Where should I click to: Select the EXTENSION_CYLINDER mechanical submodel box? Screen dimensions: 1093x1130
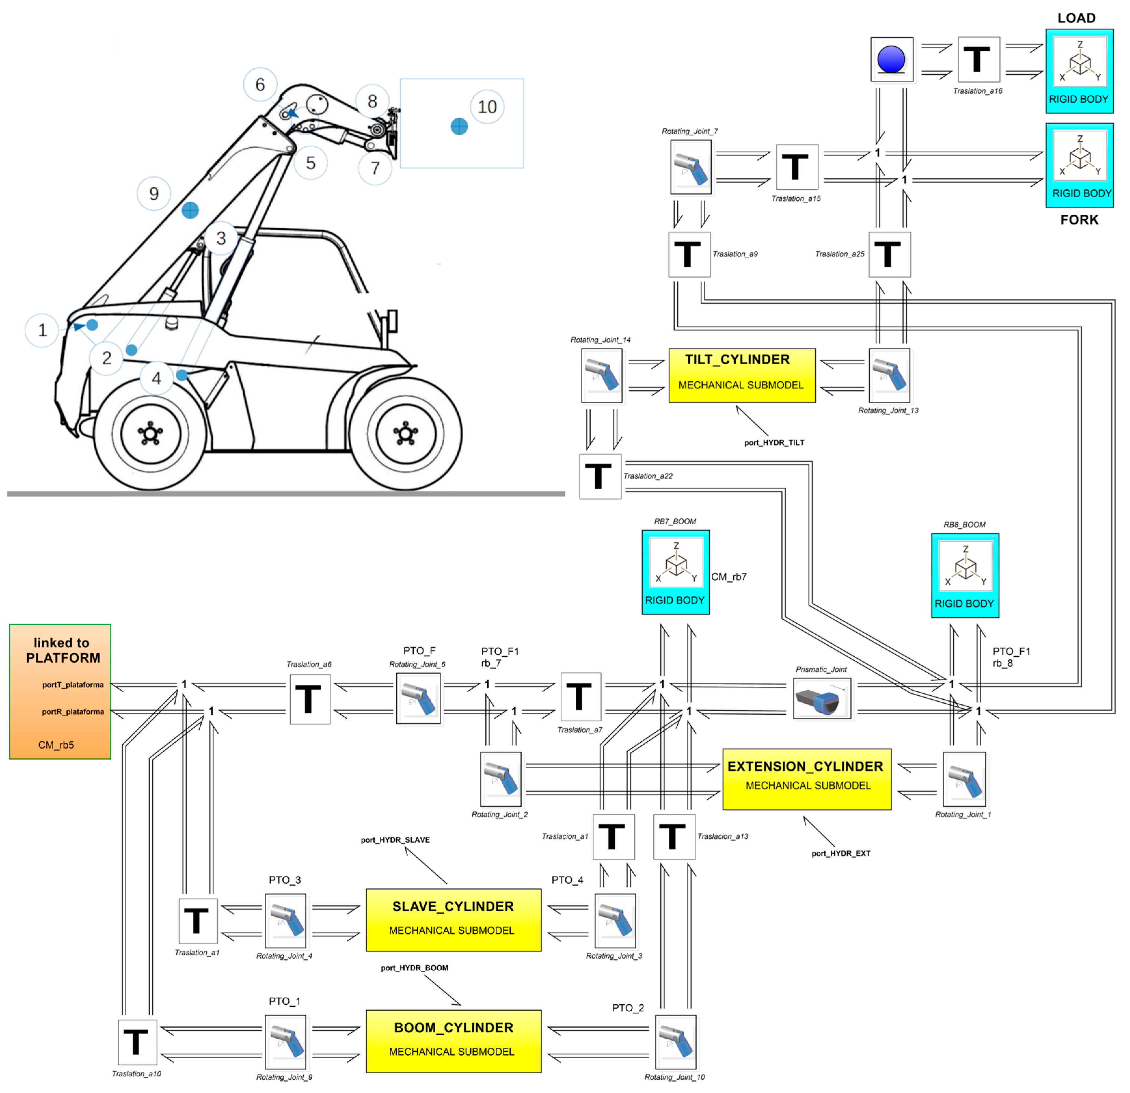(807, 779)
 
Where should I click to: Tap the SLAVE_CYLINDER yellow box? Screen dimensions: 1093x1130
(453, 920)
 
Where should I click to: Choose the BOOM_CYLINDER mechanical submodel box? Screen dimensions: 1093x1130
(453, 1041)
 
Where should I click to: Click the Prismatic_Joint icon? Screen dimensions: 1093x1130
(822, 698)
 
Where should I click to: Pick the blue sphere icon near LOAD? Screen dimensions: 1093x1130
(891, 60)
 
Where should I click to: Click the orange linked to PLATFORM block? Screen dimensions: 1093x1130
(60, 691)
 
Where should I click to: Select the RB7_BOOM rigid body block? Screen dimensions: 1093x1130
(676, 572)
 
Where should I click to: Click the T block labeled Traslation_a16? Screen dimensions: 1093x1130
(978, 60)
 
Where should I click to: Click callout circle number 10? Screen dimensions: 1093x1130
(487, 107)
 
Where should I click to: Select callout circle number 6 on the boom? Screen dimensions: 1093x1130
(260, 85)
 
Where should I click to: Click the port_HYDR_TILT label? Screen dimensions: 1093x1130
(774, 443)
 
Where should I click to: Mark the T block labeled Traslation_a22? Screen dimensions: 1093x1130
(599, 476)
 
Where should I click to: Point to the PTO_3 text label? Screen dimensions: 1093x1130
(285, 880)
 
